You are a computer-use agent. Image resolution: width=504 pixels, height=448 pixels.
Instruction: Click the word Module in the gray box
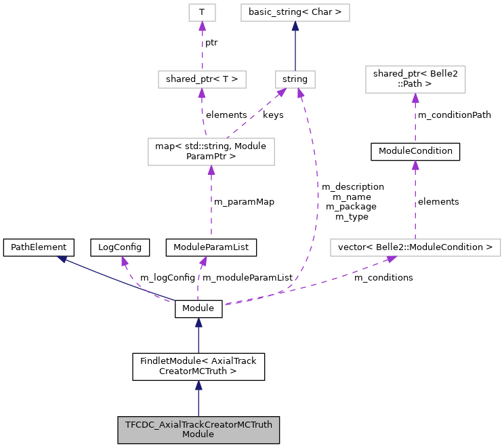tap(198, 434)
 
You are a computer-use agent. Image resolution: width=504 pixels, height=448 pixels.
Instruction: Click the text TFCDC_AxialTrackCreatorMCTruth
tap(198, 425)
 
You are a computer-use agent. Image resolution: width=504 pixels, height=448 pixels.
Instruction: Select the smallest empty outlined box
tap(202, 12)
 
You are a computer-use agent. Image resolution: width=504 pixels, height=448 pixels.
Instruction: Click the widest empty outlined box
tap(415, 247)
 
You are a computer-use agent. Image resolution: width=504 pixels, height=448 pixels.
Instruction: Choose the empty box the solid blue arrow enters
tap(295, 12)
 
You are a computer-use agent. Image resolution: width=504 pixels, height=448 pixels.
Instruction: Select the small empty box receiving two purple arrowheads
tap(295, 79)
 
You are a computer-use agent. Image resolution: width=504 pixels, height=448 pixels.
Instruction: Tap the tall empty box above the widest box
tap(415, 79)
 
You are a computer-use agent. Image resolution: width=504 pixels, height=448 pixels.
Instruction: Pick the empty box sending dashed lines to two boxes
tap(211, 151)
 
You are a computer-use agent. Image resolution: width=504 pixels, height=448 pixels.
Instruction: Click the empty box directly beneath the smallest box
tap(202, 79)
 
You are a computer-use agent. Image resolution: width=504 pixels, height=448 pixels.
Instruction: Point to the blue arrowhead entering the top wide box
tap(295, 26)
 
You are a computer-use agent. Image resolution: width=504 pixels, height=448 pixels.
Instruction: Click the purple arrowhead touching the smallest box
tap(202, 26)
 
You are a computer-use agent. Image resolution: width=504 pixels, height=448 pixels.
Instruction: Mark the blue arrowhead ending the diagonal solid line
tap(62, 259)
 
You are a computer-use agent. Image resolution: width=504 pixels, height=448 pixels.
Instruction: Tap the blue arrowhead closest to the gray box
tap(198, 386)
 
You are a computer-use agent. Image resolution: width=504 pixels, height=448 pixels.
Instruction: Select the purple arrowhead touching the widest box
tap(391, 259)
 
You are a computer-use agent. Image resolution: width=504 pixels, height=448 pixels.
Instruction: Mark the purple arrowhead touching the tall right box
tap(415, 98)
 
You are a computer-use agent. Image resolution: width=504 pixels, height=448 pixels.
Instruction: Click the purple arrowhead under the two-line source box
tap(211, 170)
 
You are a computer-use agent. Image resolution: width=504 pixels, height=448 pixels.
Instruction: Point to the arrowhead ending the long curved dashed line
tap(300, 93)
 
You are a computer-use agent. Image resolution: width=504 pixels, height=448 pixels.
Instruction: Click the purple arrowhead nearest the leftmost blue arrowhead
tap(125, 261)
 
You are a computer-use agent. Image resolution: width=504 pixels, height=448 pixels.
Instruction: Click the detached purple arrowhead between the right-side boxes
tap(415, 165)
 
